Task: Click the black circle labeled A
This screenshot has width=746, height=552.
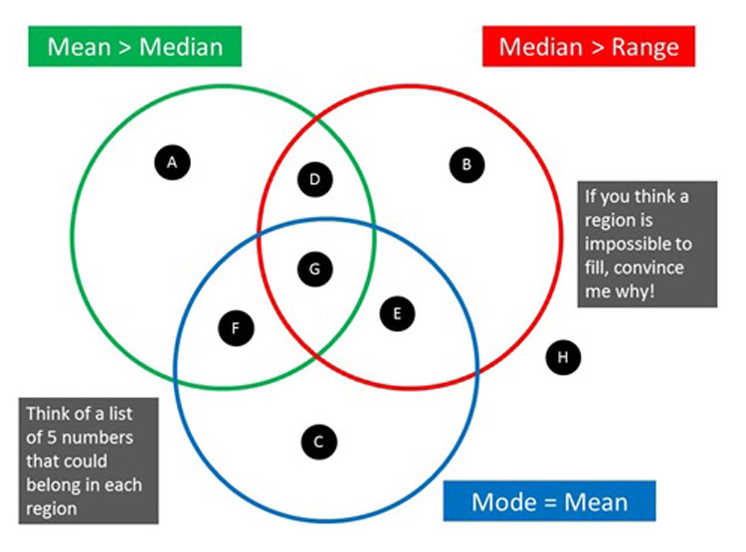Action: tap(172, 161)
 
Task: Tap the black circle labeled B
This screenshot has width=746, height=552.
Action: tap(466, 164)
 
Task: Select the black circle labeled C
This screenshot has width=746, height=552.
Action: tap(318, 442)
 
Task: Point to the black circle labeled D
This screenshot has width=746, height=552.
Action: tap(315, 180)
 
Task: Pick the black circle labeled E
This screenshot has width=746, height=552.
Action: tap(397, 314)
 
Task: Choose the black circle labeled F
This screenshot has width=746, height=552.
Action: tap(236, 328)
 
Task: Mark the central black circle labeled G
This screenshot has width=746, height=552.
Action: tap(315, 269)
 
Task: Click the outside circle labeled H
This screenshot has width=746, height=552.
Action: tap(563, 356)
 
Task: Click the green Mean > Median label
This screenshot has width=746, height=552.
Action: tap(134, 47)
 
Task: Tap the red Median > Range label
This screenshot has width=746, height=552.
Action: tap(589, 47)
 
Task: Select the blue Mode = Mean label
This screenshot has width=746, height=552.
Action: tap(549, 501)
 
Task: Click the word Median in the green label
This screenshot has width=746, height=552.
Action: tap(188, 47)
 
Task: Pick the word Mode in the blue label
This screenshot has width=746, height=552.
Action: tap(501, 501)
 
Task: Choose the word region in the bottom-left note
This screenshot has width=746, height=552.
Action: tap(53, 509)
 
